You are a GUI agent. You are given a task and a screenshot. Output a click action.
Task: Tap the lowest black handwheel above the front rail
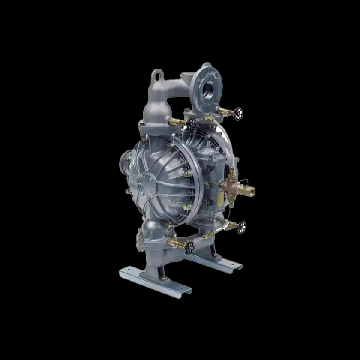point(189,246)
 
